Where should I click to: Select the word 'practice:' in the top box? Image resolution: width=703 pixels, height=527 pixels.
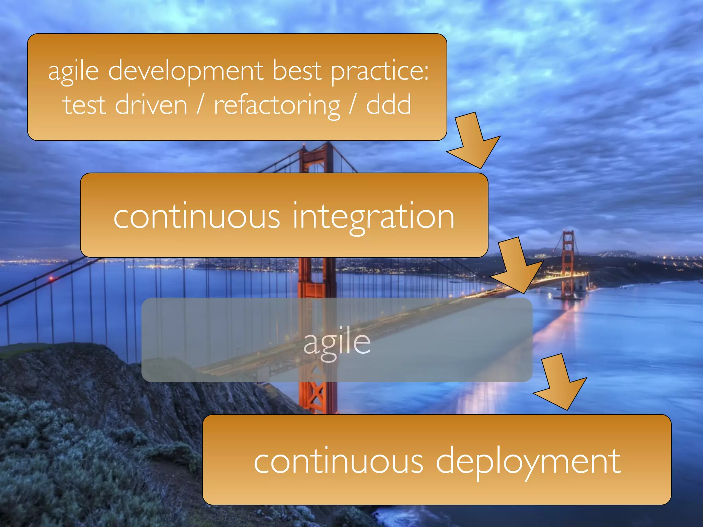coord(380,71)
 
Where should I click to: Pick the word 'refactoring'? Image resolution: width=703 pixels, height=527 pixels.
coord(277,106)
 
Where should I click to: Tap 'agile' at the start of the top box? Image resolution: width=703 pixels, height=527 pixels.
coord(73,71)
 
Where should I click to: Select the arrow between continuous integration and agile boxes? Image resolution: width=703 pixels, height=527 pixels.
coord(518,266)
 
